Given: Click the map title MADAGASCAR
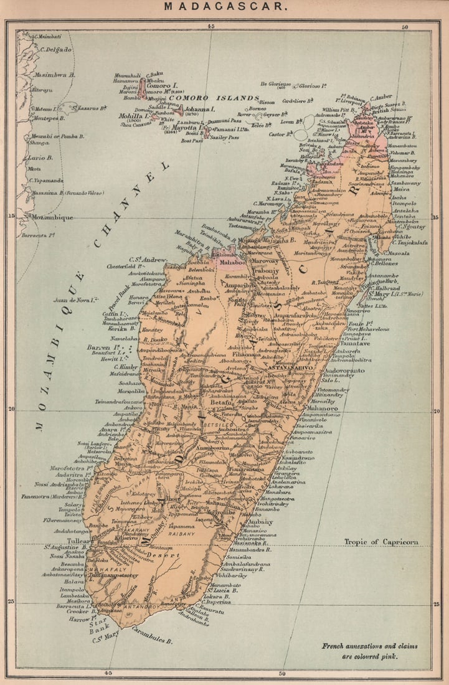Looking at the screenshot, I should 225,7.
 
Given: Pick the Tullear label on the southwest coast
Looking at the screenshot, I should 85,541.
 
